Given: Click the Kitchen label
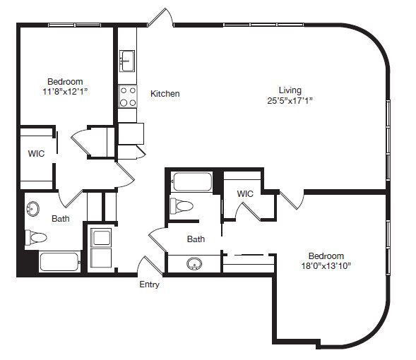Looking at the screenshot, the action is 165,94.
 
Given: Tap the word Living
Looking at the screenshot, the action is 290,90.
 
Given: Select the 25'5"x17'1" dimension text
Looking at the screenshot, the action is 290,101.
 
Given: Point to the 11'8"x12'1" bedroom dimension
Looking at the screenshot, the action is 65,92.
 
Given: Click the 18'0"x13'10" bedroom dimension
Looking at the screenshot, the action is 326,265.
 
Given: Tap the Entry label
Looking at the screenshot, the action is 149,284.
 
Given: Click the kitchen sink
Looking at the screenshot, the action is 127,61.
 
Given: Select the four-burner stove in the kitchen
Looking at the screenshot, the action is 128,97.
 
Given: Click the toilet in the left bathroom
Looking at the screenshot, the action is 36,237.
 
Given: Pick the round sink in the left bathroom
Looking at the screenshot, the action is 32,209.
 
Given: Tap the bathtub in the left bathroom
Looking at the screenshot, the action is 60,262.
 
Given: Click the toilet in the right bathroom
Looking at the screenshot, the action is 182,205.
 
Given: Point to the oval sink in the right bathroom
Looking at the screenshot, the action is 194,264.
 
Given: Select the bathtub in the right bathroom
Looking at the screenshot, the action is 191,182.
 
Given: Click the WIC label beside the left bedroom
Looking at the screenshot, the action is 36,153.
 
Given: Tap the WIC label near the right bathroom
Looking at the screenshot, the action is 245,194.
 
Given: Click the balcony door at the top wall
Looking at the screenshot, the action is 160,18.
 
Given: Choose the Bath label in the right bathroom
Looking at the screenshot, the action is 196,239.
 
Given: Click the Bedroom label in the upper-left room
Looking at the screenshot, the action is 65,81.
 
